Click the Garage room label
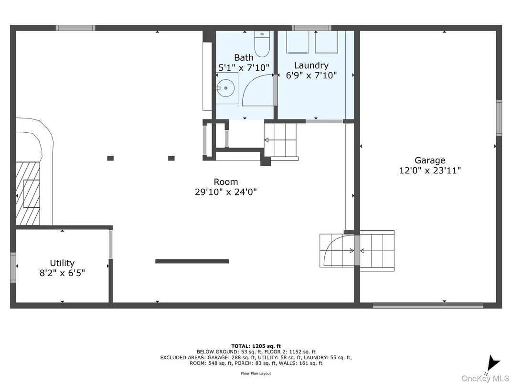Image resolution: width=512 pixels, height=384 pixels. pyautogui.click(x=430, y=160)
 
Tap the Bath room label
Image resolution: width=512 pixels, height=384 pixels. pyautogui.click(x=244, y=58)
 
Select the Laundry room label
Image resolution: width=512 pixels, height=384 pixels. pyautogui.click(x=311, y=65)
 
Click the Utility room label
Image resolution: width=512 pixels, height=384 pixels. pyautogui.click(x=62, y=263)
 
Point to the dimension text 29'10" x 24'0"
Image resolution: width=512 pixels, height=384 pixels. pyautogui.click(x=226, y=192)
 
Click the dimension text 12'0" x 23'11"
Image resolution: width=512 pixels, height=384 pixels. pyautogui.click(x=430, y=171)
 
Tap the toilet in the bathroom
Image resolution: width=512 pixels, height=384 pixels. pyautogui.click(x=261, y=44)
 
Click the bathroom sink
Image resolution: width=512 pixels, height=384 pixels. pyautogui.click(x=225, y=88)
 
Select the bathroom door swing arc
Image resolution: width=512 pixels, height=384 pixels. pyautogui.click(x=258, y=91)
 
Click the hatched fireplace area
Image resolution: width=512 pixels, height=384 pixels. pyautogui.click(x=28, y=193)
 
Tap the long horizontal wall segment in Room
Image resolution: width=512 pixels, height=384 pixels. pyautogui.click(x=192, y=261)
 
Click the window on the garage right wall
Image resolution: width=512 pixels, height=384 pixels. pyautogui.click(x=499, y=117)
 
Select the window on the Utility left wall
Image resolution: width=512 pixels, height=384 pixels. pyautogui.click(x=13, y=267)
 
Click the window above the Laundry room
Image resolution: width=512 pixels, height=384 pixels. pyautogui.click(x=311, y=28)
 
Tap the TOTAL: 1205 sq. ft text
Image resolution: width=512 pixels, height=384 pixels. pyautogui.click(x=256, y=346)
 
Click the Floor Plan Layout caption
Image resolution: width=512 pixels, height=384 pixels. pyautogui.click(x=256, y=373)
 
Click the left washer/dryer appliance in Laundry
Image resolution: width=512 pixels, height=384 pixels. pyautogui.click(x=298, y=42)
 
